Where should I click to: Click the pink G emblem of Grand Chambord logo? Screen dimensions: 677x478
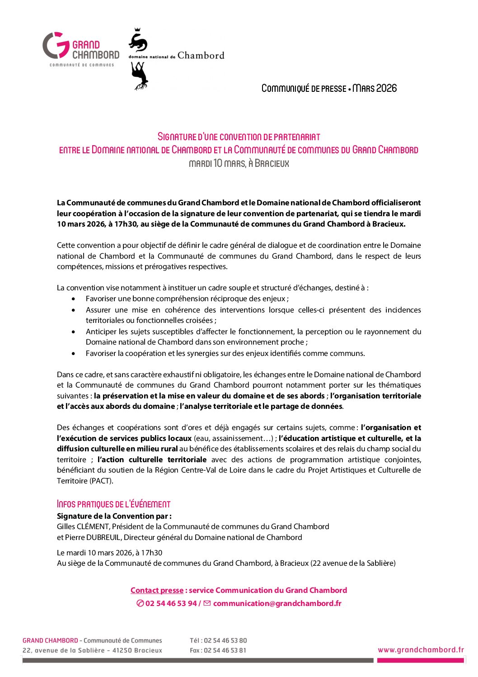click(56, 45)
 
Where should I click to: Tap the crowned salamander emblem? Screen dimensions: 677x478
click(138, 41)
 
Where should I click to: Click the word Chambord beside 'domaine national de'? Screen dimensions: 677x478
click(201, 56)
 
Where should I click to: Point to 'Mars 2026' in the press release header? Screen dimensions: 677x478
click(375, 88)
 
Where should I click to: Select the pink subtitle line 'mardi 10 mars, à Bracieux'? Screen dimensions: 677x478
click(239, 163)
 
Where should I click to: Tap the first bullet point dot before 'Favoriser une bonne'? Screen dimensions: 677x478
click(74, 299)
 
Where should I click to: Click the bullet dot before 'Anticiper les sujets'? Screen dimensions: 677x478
click(74, 332)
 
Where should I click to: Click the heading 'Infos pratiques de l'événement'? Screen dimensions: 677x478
click(113, 504)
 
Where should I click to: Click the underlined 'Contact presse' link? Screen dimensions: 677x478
click(157, 590)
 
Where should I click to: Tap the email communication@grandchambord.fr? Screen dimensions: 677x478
click(277, 603)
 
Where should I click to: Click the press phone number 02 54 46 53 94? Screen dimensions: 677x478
click(171, 603)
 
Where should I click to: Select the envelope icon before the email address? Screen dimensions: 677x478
click(207, 603)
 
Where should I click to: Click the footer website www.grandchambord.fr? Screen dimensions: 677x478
click(421, 650)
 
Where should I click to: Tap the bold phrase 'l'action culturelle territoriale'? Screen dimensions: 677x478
click(152, 459)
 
